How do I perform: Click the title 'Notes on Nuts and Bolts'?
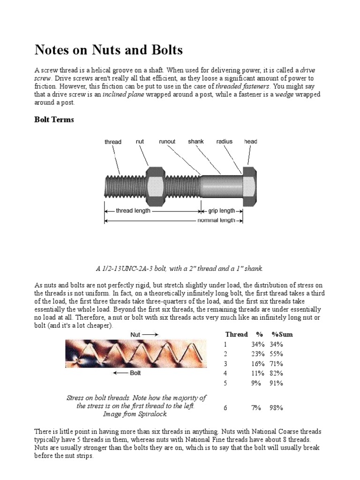click(109, 50)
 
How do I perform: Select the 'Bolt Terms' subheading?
click(54, 120)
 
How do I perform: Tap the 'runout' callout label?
click(167, 141)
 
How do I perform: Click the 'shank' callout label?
click(196, 141)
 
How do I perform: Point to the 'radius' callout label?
click(225, 141)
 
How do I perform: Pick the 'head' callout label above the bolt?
click(250, 141)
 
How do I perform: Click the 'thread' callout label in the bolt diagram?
click(112, 142)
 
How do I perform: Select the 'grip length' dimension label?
click(221, 211)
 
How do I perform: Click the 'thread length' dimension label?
click(133, 211)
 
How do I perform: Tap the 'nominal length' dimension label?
click(216, 220)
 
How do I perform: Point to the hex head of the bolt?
click(248, 186)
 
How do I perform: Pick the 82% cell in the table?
click(276, 373)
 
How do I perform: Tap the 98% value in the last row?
click(276, 408)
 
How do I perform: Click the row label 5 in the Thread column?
click(225, 383)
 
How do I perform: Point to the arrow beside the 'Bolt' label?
click(120, 373)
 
